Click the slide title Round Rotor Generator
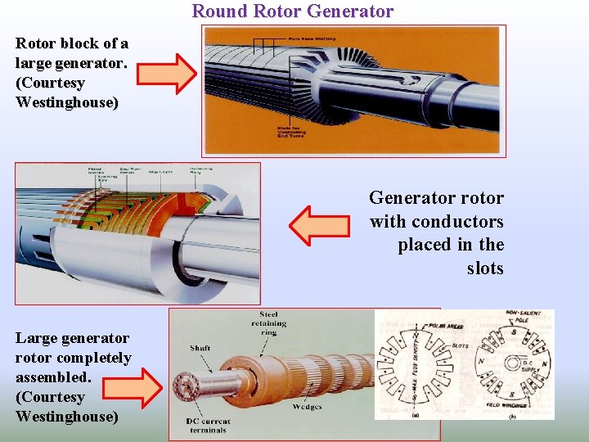293,11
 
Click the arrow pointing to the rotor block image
166,74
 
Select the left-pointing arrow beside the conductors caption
320,226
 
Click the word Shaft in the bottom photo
200,348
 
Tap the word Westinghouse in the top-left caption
66,102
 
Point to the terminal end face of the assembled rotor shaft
185,385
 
